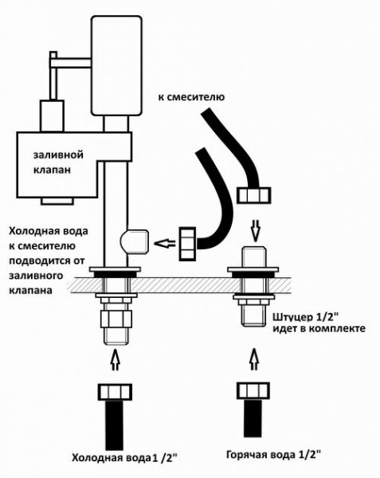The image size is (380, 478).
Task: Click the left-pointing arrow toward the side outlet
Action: (x=165, y=242)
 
